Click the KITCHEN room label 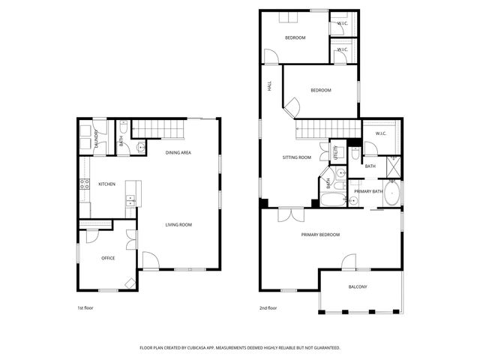coord(106,184)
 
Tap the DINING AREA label coord(178,152)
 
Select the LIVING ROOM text coord(178,224)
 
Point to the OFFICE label coord(108,258)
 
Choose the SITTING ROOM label coord(296,157)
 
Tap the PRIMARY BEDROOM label coord(320,235)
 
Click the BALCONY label coord(358,287)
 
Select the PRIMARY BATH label coord(368,191)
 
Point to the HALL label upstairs coord(270,87)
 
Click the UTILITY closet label coord(337,152)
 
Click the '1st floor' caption coord(85,308)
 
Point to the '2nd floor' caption coord(268,308)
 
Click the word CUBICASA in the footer coord(226,348)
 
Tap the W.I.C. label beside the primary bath coord(380,133)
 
